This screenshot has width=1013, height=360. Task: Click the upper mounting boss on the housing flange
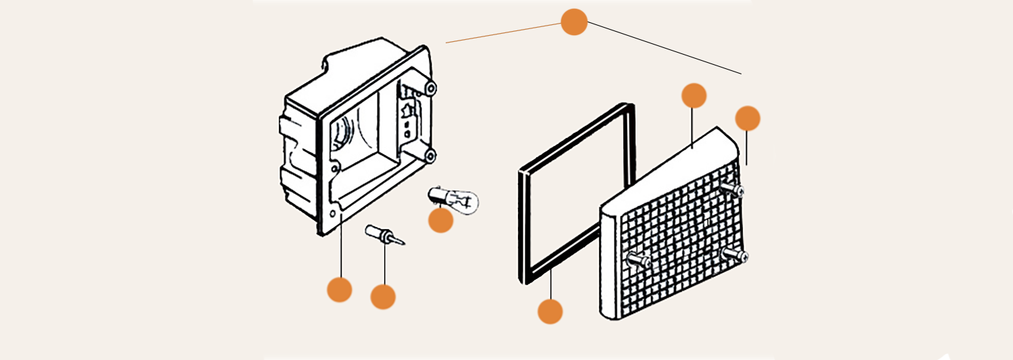point(430,87)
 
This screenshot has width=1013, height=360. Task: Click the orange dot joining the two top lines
point(573,22)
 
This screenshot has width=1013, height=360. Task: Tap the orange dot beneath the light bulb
point(440,220)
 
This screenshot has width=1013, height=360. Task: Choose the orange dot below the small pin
point(383,297)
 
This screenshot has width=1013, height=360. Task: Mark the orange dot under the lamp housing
point(339,290)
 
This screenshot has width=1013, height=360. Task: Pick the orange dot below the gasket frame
point(550,311)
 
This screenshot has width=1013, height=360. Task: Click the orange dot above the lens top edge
point(694,95)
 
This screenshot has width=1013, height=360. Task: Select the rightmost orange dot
point(747,118)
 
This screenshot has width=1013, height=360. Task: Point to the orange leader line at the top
point(503,33)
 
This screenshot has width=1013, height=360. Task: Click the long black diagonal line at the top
point(665,47)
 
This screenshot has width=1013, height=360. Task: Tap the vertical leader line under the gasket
point(551,284)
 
